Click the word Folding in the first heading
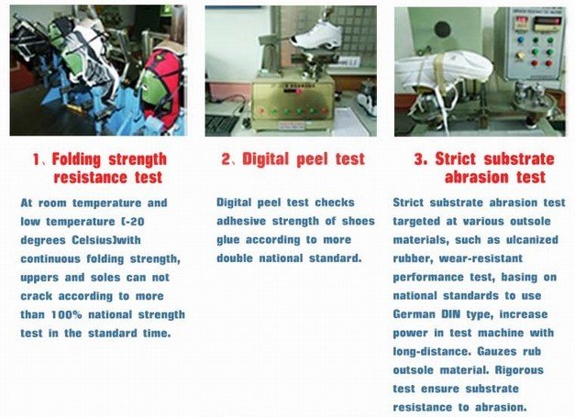(76, 159)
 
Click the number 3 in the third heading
(419, 159)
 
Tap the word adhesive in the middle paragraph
(241, 221)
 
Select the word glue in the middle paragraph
(227, 241)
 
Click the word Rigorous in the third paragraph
(519, 370)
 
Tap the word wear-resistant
(481, 258)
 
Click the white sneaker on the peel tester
(316, 35)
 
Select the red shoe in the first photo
(163, 88)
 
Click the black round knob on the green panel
(442, 29)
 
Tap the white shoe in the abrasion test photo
(445, 71)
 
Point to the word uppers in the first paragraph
(39, 278)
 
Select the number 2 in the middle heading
(226, 159)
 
